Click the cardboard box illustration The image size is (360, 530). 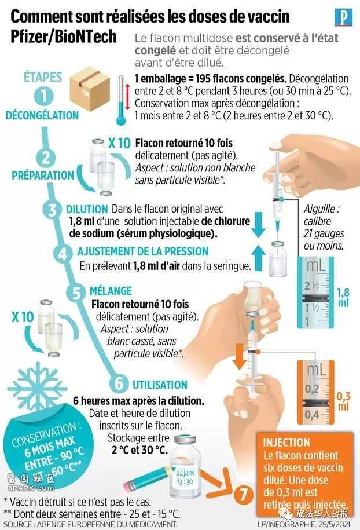(90, 89)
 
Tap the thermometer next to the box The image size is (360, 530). (121, 100)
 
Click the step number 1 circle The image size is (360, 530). (43, 96)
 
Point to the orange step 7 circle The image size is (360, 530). (244, 496)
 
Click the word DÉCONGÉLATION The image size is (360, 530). (42, 115)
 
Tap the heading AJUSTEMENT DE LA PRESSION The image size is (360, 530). (143, 251)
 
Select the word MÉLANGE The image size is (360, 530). (111, 291)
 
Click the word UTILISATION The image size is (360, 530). (160, 385)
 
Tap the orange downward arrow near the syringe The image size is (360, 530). (239, 357)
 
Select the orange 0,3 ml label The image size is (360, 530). (343, 401)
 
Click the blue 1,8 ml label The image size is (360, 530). (343, 298)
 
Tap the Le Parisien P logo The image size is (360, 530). (343, 17)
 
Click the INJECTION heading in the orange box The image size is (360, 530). (286, 443)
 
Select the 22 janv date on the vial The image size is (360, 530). (185, 473)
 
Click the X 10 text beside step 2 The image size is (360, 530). (119, 143)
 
